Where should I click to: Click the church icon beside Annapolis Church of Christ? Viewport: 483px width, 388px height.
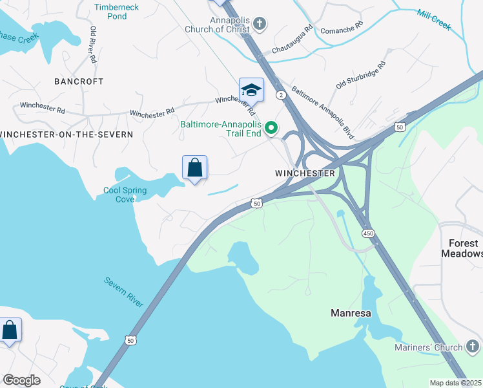(260, 25)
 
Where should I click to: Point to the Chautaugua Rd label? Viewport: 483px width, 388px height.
(293, 39)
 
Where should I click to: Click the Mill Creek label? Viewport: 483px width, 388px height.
(434, 20)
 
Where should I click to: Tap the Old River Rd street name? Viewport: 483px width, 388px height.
(94, 45)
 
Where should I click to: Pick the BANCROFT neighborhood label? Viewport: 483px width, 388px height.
(79, 81)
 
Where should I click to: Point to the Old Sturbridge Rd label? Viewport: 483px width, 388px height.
(360, 76)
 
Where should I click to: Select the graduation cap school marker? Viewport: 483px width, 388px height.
(251, 90)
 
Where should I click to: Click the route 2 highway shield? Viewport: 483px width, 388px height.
(281, 95)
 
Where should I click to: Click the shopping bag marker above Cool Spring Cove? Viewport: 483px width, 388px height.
(194, 168)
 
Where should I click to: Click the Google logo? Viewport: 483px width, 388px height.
(22, 380)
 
